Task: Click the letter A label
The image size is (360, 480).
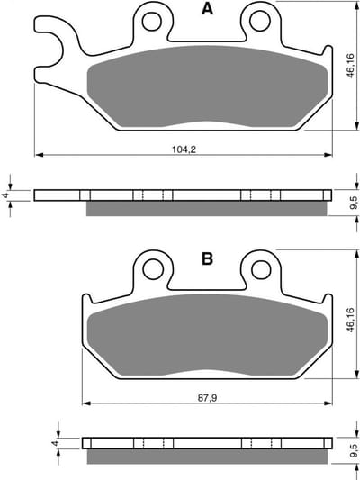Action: (x=207, y=9)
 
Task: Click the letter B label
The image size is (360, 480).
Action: (x=207, y=259)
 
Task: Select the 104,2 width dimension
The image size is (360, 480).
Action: (x=184, y=149)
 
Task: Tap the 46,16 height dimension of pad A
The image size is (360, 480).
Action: (x=350, y=66)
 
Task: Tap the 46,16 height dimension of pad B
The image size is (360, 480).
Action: (x=350, y=320)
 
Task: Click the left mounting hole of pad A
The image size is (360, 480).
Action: (x=152, y=21)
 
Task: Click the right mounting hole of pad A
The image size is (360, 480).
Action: (x=260, y=21)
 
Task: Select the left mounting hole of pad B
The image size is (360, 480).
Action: (x=153, y=269)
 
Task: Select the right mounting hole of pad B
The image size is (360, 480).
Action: (x=261, y=269)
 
